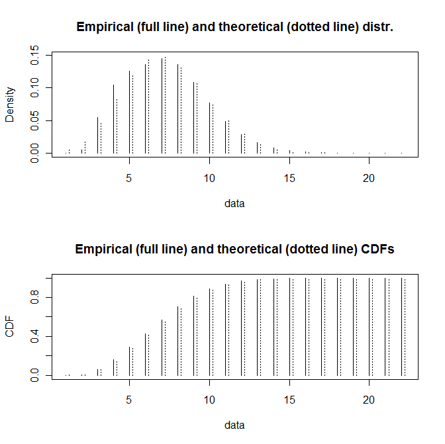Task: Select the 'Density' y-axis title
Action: click(x=10, y=105)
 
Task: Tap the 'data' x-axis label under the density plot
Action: click(x=234, y=204)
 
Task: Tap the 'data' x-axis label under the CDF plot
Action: click(x=234, y=425)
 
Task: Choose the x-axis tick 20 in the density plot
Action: click(x=369, y=178)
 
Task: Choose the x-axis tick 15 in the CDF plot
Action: click(x=289, y=400)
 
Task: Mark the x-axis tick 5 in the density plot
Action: click(x=129, y=178)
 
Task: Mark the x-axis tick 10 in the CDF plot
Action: click(x=209, y=400)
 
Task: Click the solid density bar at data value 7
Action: click(x=162, y=106)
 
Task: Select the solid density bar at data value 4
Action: click(x=113, y=119)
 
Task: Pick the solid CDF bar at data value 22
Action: click(x=401, y=327)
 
